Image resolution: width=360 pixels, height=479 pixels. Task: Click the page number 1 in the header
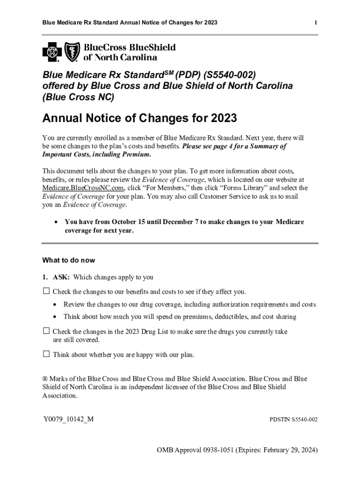click(316, 22)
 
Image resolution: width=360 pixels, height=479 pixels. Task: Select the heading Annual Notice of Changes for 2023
click(139, 118)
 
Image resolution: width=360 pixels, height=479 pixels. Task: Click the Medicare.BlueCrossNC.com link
click(83, 188)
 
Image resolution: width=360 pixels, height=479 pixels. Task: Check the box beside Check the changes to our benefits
click(46, 291)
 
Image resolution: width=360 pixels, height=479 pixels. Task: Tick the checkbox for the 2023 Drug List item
click(46, 331)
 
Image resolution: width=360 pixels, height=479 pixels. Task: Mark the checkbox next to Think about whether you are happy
click(46, 354)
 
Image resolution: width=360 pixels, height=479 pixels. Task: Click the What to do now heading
click(68, 260)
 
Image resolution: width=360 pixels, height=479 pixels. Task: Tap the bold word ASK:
click(61, 277)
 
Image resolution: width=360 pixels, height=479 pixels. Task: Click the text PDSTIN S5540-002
click(294, 420)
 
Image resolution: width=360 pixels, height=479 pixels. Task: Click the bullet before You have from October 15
click(57, 222)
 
